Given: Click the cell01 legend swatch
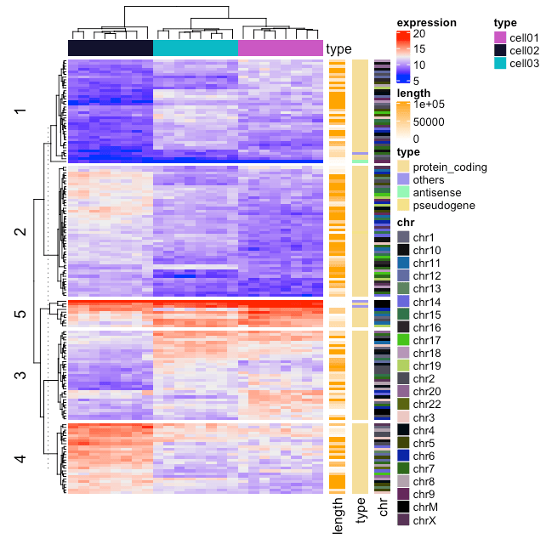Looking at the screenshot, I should coord(500,37).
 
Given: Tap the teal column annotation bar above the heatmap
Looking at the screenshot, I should coord(196,48).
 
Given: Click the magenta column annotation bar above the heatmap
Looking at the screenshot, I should coord(281,48).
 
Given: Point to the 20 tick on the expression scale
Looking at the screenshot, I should coord(419,34).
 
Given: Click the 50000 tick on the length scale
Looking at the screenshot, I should coord(429,122).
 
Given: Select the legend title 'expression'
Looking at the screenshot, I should coord(426,23).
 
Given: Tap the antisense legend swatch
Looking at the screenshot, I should coord(403,193).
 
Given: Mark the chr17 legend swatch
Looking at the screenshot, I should coord(403,340).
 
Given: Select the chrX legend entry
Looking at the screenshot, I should coord(424,518).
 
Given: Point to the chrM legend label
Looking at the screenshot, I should coord(425,506).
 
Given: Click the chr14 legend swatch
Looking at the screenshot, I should coord(403,302).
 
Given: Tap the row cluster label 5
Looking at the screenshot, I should coord(20,314).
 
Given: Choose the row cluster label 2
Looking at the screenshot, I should coord(20,232).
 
